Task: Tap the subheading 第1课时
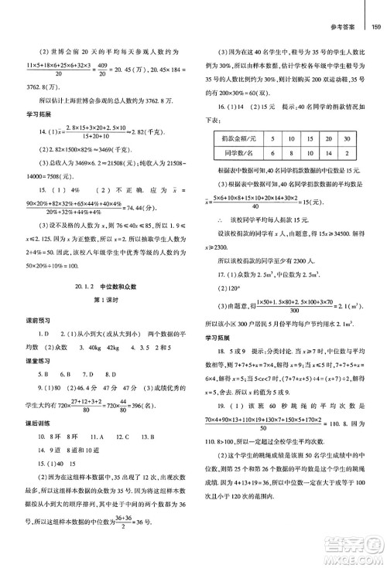98,301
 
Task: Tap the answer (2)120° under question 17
224,295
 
